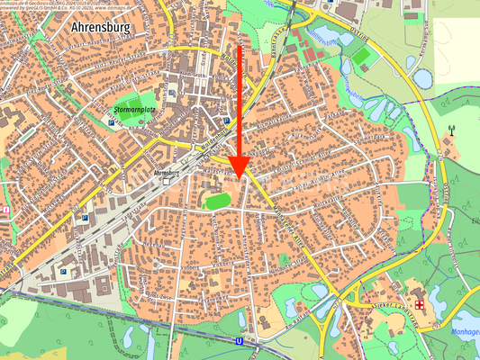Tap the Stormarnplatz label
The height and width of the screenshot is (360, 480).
(136, 111)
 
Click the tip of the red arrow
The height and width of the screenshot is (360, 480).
(239, 175)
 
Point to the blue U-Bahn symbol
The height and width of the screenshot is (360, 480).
(240, 342)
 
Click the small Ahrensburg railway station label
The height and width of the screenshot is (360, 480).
(164, 170)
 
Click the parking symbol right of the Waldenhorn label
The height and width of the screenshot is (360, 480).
(225, 120)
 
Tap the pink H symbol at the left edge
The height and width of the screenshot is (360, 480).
(5, 210)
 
